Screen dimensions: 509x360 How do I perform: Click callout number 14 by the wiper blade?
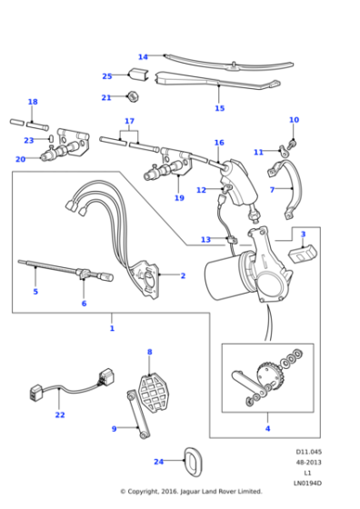(143, 56)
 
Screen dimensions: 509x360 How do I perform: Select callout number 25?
(107, 76)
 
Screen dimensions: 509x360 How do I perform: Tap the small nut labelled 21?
(133, 96)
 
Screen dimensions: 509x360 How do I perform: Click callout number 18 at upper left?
(33, 102)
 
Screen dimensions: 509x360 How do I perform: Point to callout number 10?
(294, 120)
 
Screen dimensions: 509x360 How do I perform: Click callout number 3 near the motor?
(303, 235)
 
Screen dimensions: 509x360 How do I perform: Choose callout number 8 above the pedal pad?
(149, 352)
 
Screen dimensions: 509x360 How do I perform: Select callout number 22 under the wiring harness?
(60, 415)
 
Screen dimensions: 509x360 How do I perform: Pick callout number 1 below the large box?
(112, 328)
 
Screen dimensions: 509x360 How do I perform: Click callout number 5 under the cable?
(35, 292)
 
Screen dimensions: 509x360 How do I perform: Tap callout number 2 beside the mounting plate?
(183, 275)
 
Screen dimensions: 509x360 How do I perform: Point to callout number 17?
(129, 121)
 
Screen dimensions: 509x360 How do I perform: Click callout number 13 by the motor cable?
(205, 240)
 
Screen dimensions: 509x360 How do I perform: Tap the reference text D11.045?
(307, 452)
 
